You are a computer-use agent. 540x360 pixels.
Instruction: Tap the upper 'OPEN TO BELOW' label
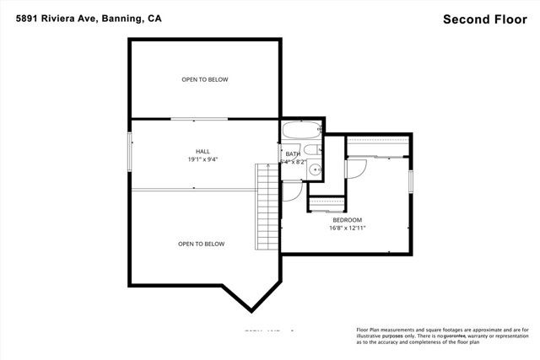[x=204, y=80]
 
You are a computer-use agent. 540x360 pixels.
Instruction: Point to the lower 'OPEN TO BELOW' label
[x=201, y=244]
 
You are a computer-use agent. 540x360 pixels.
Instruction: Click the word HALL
[x=202, y=152]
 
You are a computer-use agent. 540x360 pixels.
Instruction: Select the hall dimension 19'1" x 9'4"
[x=202, y=159]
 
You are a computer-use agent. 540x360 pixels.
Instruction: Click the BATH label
[x=293, y=154]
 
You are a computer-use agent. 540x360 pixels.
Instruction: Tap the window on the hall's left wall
[x=129, y=152]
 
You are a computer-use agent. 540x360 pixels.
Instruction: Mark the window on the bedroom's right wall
[x=412, y=180]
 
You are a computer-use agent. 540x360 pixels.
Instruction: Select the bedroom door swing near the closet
[x=356, y=169]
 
